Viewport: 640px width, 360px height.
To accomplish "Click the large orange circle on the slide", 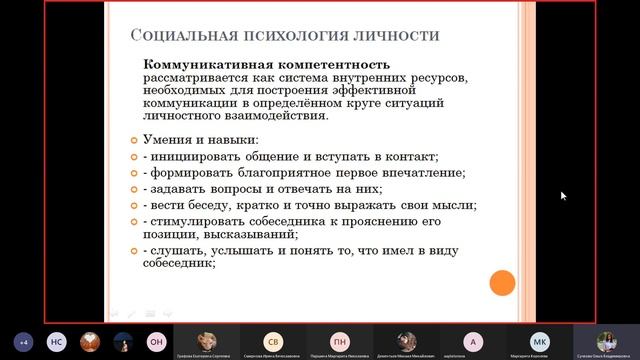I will click(502, 283).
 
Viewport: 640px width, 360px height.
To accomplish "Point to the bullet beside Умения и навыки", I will click(136, 139).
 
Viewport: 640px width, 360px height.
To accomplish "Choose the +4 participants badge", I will click(24, 340).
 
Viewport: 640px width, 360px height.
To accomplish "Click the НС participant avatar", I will click(57, 340).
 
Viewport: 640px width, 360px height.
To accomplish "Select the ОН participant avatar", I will click(156, 340).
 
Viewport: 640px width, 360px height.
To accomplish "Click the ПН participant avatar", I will click(340, 339).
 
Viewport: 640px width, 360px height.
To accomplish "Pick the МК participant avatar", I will click(540, 339).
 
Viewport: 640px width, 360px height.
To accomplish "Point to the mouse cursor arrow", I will click(563, 195).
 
